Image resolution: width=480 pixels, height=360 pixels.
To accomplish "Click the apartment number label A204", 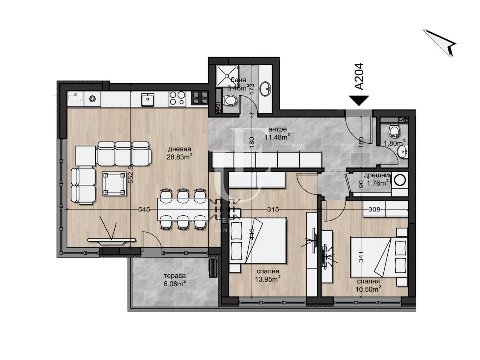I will click(x=359, y=77).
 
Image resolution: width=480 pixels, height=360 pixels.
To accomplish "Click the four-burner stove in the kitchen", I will click(x=177, y=99).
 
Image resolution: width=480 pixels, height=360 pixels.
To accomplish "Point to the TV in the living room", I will click(x=111, y=241).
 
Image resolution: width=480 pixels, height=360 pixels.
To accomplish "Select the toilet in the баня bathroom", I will click(x=231, y=101).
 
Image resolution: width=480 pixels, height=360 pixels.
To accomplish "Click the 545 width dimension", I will click(x=144, y=209).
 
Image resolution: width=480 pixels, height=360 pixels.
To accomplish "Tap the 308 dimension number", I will click(x=374, y=209).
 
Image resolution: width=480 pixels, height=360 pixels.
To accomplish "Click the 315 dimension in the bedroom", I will click(x=273, y=209).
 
